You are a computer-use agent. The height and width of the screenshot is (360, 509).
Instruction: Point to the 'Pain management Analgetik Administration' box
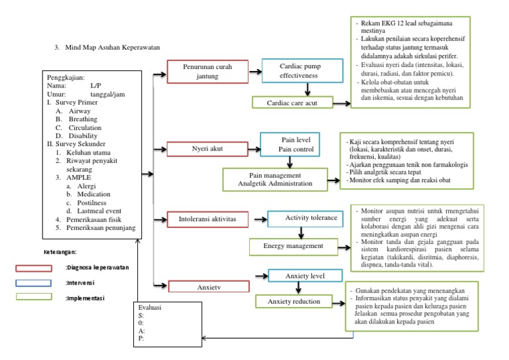click(x=274, y=178)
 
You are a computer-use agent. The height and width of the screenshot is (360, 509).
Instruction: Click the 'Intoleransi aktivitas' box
click(x=203, y=217)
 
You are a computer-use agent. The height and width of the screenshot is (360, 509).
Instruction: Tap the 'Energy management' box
click(x=293, y=246)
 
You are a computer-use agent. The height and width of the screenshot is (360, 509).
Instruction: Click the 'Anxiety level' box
click(x=306, y=275)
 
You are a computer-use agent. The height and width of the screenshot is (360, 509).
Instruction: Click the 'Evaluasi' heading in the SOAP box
click(x=150, y=308)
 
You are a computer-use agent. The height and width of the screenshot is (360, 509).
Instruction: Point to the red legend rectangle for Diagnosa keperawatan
click(x=35, y=268)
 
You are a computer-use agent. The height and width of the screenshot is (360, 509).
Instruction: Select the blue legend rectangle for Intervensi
click(x=35, y=282)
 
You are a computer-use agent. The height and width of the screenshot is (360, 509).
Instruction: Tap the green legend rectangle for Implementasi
click(x=35, y=297)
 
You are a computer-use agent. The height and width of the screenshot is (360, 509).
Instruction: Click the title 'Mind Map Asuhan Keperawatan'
click(x=113, y=47)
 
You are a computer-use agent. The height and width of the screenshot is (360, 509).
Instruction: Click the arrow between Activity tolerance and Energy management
click(x=302, y=231)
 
